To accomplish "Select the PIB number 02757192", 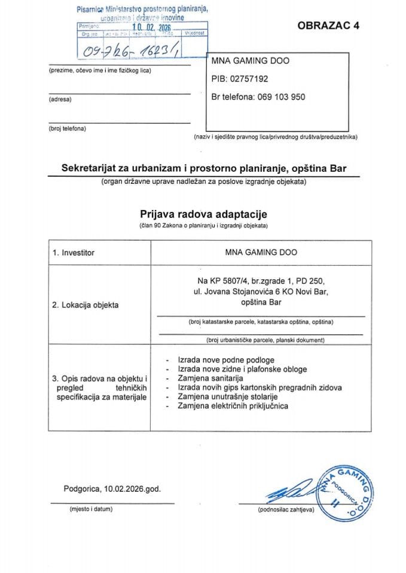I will (239, 78).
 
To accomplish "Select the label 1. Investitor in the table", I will (74, 253).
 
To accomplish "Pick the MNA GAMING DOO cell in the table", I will (261, 252).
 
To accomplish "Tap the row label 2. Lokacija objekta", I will (86, 305).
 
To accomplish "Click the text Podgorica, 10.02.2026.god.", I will (112, 488).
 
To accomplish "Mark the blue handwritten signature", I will (289, 494).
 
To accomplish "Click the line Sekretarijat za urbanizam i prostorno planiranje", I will (203, 169).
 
